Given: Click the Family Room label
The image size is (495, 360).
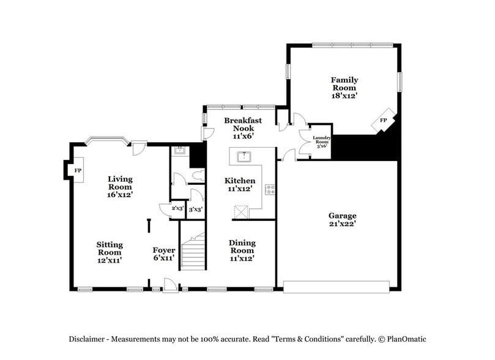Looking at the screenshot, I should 344,88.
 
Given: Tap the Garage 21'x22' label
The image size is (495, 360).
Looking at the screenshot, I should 342,220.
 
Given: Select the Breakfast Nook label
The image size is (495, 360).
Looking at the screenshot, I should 242,128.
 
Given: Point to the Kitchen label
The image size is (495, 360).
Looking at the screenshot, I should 240,185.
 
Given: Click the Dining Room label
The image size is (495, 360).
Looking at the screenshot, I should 242,250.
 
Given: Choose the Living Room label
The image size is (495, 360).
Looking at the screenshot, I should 121,187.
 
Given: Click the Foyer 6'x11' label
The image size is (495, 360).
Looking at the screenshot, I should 164,253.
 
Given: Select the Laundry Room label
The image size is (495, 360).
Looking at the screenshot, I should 321,142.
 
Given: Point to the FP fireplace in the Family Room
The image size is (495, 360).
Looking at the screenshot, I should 384,121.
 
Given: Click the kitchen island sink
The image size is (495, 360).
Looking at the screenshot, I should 245,156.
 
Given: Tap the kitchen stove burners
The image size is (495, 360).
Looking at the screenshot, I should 269,189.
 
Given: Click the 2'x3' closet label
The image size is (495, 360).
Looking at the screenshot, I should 177,209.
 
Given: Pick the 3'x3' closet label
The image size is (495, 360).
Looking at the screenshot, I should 195,209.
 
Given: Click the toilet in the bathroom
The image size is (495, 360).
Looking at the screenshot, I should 197,176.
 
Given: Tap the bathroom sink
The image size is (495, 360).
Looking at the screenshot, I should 179,150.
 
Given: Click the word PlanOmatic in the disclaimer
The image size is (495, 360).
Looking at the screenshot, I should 403,339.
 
